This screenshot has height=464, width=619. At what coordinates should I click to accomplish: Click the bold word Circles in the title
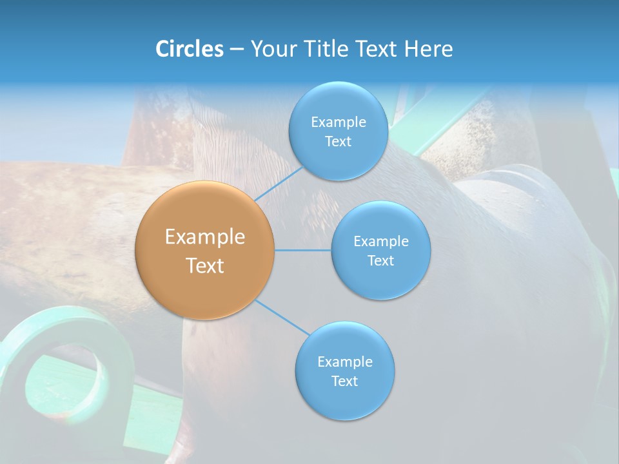tap(189, 49)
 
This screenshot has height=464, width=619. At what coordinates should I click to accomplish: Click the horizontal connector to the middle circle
tap(303, 250)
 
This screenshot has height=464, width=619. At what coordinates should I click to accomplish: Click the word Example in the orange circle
tap(205, 237)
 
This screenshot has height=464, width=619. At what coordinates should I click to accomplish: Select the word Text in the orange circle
tap(205, 266)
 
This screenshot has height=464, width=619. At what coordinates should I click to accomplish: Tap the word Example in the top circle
tap(339, 122)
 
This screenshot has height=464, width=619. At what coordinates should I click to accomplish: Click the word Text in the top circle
tap(339, 141)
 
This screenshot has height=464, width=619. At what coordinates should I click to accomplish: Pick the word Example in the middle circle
tap(381, 241)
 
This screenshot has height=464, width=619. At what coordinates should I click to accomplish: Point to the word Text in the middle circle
tap(381, 260)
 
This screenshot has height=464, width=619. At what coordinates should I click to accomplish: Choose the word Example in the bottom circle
tap(345, 362)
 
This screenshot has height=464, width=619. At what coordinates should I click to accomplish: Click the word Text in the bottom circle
tap(345, 381)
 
